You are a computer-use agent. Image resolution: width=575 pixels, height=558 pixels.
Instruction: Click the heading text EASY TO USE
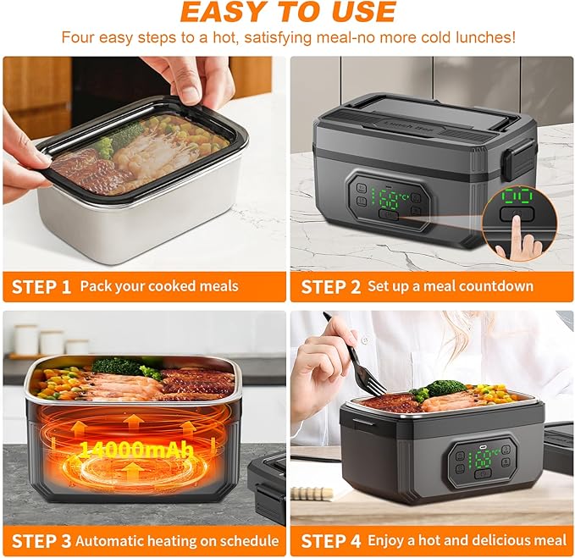(x=288, y=12)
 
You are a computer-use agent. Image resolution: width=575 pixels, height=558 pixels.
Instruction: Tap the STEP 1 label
(x=41, y=286)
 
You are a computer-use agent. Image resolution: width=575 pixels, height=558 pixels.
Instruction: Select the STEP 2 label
(x=330, y=286)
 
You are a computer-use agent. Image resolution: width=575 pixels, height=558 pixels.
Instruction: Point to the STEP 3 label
(x=41, y=540)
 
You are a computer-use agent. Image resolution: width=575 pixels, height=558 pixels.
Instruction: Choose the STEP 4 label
(x=330, y=540)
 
